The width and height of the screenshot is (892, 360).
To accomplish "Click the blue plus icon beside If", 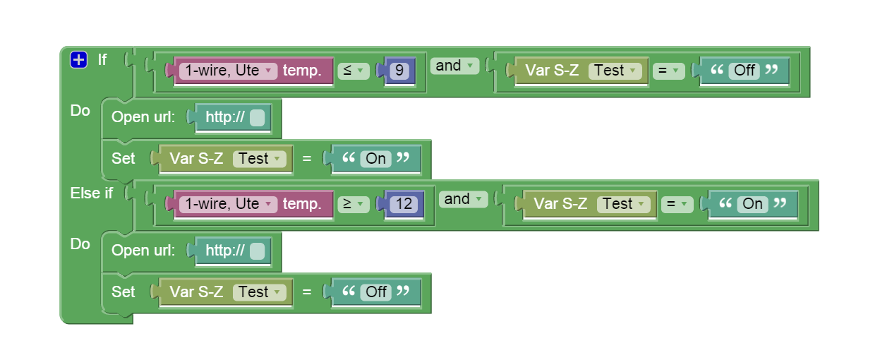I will [x=78, y=60].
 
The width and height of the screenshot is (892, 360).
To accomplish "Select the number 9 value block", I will [x=399, y=71].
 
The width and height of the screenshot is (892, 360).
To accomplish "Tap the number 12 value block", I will [x=404, y=204].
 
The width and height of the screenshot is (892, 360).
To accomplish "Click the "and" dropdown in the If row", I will [x=454, y=66].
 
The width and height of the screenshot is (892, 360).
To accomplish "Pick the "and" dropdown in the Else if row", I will [x=463, y=200].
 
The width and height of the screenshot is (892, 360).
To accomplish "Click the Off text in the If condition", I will [x=745, y=71].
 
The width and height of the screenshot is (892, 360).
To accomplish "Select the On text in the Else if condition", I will [x=752, y=204].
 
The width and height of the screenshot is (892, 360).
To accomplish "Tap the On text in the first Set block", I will [x=375, y=159].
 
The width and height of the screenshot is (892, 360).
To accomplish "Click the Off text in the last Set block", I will [x=376, y=292].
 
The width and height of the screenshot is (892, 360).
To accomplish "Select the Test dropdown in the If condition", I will [x=615, y=71].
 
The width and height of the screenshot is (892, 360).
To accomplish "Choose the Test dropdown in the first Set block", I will [x=259, y=159].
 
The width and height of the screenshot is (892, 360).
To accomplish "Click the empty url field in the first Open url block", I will [x=257, y=118].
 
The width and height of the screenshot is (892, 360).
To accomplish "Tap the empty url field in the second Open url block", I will [x=257, y=251].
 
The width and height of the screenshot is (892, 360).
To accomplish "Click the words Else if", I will [x=91, y=193].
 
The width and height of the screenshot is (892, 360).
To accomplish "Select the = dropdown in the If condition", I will [x=668, y=71].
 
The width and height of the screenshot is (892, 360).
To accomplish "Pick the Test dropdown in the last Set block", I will [x=259, y=292].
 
